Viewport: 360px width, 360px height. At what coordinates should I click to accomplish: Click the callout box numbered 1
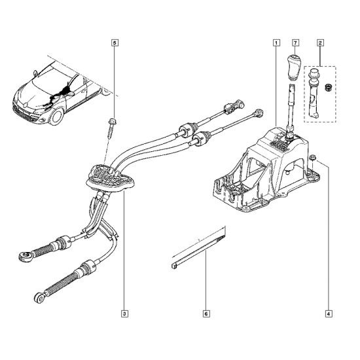click(x=276, y=43)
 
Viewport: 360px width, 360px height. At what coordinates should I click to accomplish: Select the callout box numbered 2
click(x=320, y=43)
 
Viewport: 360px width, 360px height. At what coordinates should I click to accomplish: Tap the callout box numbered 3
click(x=124, y=314)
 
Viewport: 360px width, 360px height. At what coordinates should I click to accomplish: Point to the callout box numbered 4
click(x=329, y=314)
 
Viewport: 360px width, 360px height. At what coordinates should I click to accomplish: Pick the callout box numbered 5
click(x=115, y=43)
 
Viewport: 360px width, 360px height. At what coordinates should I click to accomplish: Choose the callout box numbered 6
click(x=206, y=314)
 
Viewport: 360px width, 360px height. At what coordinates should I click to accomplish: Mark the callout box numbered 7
click(x=295, y=43)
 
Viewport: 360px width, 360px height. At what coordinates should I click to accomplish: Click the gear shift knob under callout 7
click(x=293, y=67)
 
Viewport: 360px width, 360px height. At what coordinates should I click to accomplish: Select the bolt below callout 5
click(x=111, y=128)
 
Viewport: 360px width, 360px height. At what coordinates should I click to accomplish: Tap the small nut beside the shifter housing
click(x=312, y=157)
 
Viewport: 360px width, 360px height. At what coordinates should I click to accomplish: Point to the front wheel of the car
click(x=57, y=117)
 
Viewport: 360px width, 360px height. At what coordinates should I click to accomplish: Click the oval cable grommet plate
click(x=110, y=177)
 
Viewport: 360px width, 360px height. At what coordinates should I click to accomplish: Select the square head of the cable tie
click(x=175, y=266)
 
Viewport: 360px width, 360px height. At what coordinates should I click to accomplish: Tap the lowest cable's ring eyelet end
click(x=39, y=298)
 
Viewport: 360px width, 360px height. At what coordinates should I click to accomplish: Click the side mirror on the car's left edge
click(x=35, y=73)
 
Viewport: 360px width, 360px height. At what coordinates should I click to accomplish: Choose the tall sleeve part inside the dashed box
click(x=313, y=94)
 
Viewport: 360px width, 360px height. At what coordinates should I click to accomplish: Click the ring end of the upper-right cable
click(x=259, y=113)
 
